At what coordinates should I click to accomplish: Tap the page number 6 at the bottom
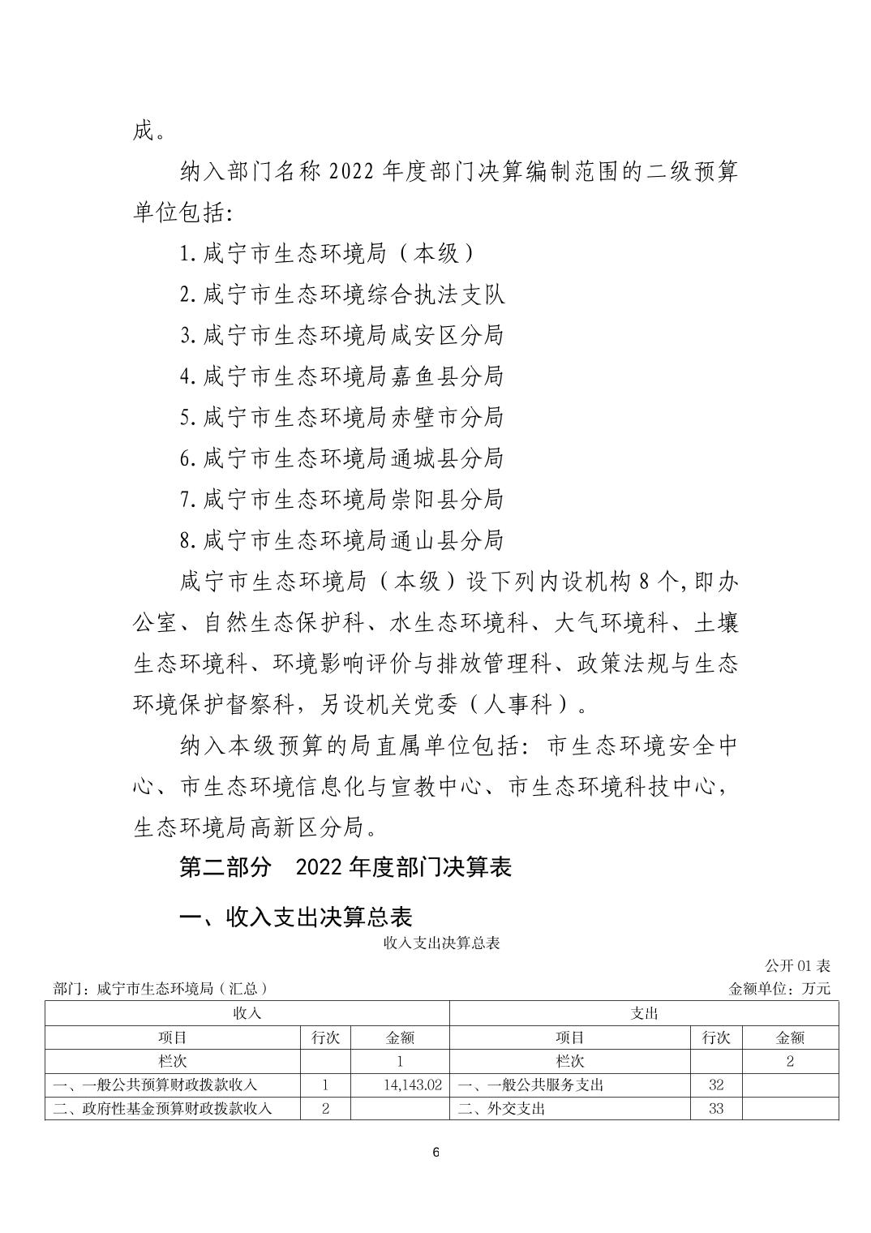tap(435, 1153)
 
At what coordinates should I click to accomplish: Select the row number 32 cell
tap(715, 1085)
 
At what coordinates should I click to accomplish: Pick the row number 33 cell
tap(715, 1108)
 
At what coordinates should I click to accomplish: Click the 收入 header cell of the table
tap(247, 1013)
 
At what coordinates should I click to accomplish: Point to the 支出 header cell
tap(644, 1013)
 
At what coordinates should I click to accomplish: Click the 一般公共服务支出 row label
tap(531, 1085)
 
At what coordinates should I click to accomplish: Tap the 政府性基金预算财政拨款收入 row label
tap(162, 1108)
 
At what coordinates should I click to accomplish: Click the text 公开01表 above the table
tap(798, 965)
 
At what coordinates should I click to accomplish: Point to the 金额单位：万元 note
tap(780, 988)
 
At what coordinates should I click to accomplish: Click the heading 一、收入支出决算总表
tap(296, 917)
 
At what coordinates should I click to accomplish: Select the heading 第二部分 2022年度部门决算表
tap(345, 867)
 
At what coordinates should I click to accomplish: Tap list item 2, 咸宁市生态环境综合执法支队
tap(342, 294)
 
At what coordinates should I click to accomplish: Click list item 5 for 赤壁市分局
tap(341, 417)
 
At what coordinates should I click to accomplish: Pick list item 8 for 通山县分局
tap(341, 539)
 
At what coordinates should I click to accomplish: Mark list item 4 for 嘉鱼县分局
tap(341, 376)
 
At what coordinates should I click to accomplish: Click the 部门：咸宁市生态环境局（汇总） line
tap(160, 988)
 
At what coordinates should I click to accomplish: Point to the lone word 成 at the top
tap(144, 131)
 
